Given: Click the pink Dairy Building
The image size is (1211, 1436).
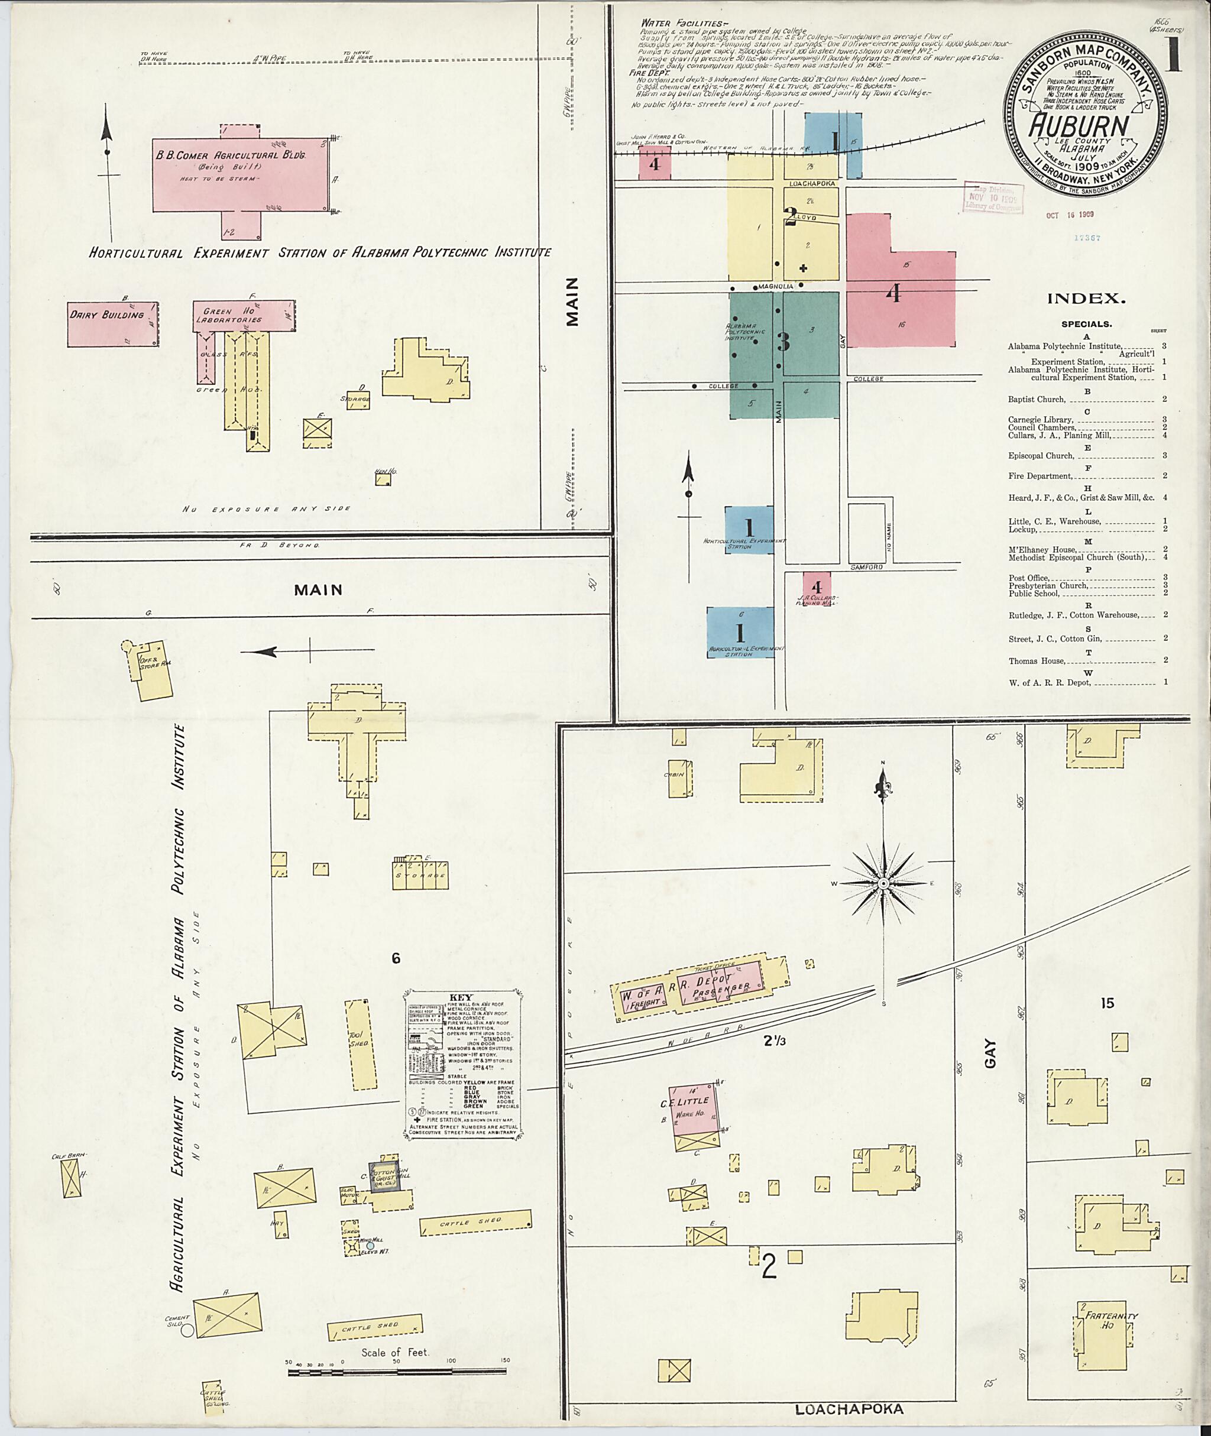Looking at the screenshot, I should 114,323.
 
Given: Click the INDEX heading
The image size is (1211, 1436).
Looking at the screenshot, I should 1086,299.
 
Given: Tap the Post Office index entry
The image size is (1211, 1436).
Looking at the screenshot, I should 1029,578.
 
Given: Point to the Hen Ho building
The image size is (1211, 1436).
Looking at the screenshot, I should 383,480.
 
